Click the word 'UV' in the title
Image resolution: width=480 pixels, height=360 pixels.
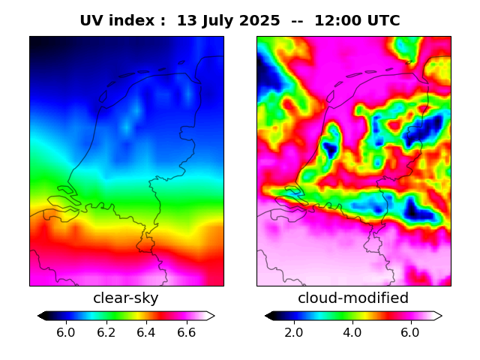(92, 21)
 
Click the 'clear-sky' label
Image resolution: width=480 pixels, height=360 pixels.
(126, 298)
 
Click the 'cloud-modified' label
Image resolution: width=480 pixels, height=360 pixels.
(353, 298)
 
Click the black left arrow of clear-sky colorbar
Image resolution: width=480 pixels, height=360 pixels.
(42, 316)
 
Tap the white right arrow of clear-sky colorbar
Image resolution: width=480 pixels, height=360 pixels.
(211, 316)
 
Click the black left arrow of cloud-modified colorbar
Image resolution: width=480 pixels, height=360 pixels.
(269, 316)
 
